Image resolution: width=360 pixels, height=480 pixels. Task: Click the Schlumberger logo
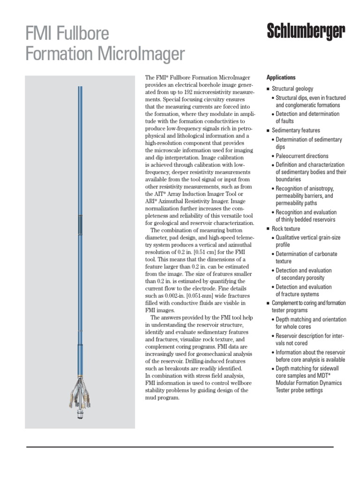(x=306, y=32)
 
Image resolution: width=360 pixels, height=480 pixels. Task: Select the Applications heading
(x=281, y=77)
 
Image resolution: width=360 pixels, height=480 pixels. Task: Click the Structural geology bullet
(x=292, y=89)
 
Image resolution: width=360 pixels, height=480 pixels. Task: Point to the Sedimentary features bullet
(x=296, y=130)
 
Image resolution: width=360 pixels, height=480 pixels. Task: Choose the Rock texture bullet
(x=286, y=229)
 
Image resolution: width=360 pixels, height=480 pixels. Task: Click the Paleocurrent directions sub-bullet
(x=302, y=156)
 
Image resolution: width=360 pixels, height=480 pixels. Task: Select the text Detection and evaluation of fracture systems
(x=303, y=290)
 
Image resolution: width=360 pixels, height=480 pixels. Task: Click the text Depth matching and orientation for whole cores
(x=310, y=323)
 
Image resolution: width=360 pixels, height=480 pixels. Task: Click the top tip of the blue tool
(x=80, y=88)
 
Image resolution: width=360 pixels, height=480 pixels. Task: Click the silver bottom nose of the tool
(x=80, y=414)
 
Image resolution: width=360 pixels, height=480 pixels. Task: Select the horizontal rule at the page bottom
(x=180, y=447)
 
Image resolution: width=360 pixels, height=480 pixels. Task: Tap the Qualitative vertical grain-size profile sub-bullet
(x=307, y=241)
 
